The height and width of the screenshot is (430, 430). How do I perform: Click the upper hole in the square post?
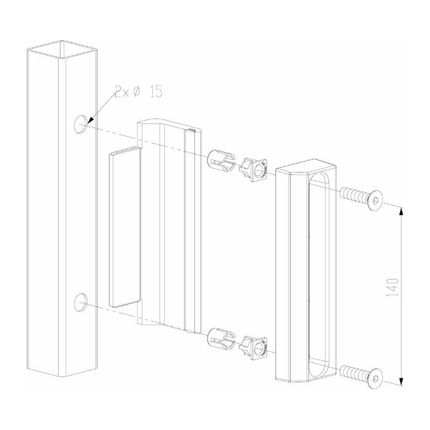point(81,123)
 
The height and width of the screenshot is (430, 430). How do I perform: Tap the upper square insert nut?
point(254,168)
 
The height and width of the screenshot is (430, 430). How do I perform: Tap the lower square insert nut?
point(254,346)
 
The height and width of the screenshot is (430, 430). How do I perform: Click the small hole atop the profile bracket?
point(191,130)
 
